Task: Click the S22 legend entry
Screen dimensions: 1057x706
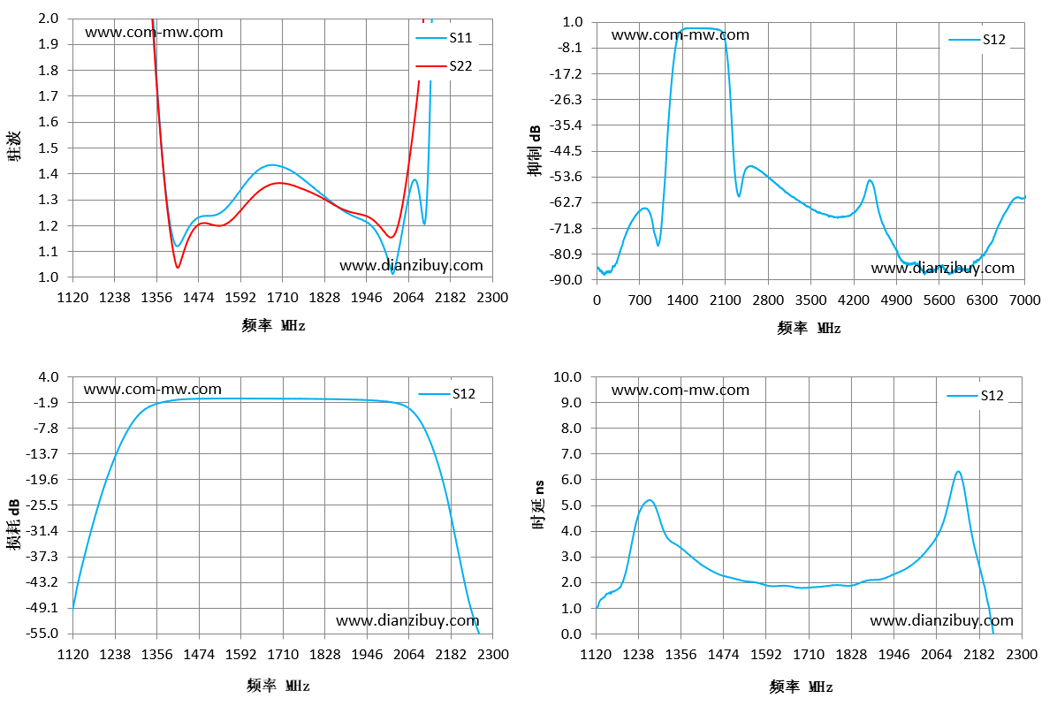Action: click(444, 66)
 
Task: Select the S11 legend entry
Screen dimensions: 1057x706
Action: click(444, 38)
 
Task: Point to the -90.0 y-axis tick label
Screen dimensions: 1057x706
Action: click(567, 279)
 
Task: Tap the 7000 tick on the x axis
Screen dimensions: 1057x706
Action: click(1024, 300)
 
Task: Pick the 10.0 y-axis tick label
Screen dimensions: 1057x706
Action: click(567, 376)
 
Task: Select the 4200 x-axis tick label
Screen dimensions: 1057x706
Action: click(854, 300)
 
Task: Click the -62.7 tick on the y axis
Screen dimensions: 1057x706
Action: click(567, 202)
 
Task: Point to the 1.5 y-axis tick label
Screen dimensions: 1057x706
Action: click(49, 148)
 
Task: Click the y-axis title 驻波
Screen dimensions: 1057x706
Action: click(14, 146)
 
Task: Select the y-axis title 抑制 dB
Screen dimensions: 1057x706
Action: click(535, 150)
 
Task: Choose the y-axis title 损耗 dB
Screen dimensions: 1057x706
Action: click(14, 525)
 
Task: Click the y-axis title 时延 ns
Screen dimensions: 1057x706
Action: click(538, 505)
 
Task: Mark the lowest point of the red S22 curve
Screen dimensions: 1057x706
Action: click(178, 268)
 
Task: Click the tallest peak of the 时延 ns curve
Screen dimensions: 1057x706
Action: click(958, 472)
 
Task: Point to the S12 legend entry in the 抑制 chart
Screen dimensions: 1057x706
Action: click(977, 40)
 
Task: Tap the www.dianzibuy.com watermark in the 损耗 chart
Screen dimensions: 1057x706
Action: click(407, 620)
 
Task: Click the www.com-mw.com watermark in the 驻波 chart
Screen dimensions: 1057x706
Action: click(154, 32)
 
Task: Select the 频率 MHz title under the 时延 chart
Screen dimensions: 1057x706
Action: click(802, 687)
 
